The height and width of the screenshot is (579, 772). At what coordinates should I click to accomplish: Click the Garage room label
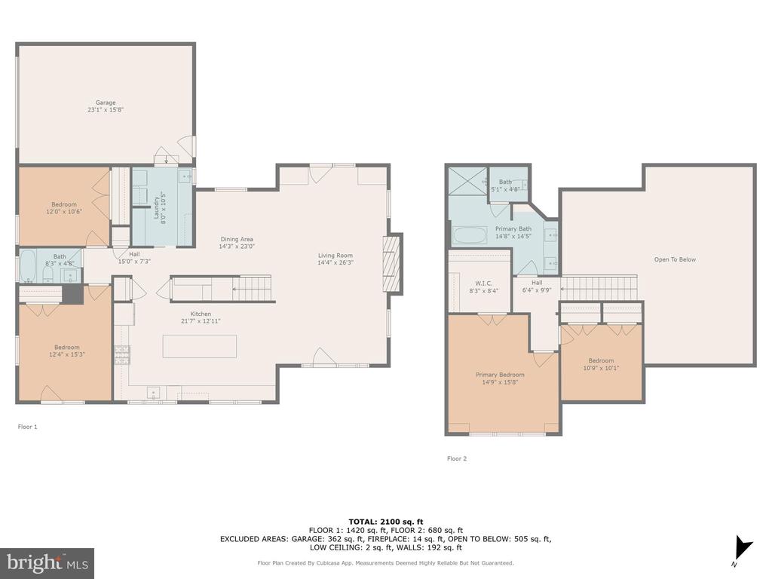point(106,103)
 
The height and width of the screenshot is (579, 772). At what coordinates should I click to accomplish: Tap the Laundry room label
point(157,208)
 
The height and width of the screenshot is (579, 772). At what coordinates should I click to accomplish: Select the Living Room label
point(335,256)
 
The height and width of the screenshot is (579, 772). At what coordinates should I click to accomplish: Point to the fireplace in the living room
point(391,265)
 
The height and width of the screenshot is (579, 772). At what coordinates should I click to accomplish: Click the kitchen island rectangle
point(199,346)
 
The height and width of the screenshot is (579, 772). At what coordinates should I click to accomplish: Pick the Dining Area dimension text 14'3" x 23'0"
point(237,247)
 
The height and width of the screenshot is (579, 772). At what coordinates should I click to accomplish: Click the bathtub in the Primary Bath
point(470,235)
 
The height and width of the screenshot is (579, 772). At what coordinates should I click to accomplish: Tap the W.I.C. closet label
point(484,283)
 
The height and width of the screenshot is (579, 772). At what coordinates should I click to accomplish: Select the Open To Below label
point(675,259)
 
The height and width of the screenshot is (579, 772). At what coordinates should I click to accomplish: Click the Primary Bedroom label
point(500,375)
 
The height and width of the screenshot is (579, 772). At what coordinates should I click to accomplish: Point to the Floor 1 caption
point(28,427)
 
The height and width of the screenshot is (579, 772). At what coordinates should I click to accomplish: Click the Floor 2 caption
point(457,458)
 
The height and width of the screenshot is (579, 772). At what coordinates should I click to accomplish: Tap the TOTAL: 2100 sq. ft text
point(386,522)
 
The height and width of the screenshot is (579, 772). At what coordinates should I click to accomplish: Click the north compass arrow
point(742,547)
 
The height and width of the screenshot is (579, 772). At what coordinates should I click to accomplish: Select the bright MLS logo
point(47,562)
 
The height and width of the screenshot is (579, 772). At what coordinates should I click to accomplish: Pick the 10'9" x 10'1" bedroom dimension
point(601,368)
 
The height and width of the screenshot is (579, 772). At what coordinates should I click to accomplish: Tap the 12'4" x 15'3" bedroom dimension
point(67,354)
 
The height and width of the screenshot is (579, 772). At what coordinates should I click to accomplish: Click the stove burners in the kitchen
point(122,355)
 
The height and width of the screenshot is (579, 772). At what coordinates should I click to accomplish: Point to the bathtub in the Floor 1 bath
point(28,266)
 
